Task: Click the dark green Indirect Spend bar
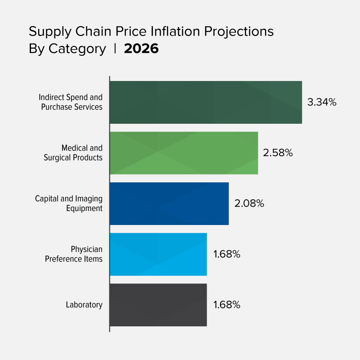click(x=206, y=102)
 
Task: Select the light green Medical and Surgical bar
click(x=184, y=153)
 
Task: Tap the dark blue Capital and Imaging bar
click(x=169, y=203)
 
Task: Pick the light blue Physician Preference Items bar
click(x=158, y=254)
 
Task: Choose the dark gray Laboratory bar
click(x=158, y=305)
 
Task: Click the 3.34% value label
click(x=322, y=102)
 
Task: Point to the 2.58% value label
click(x=278, y=153)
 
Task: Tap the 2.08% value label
click(x=249, y=203)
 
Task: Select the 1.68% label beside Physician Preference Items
click(x=227, y=254)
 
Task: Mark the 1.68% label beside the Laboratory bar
click(x=227, y=305)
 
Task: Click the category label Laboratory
click(x=84, y=305)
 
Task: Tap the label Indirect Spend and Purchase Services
click(x=71, y=102)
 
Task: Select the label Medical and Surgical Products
click(x=73, y=153)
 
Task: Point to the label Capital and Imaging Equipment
click(x=69, y=203)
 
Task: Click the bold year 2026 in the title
click(x=141, y=49)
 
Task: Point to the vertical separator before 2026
click(x=115, y=48)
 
